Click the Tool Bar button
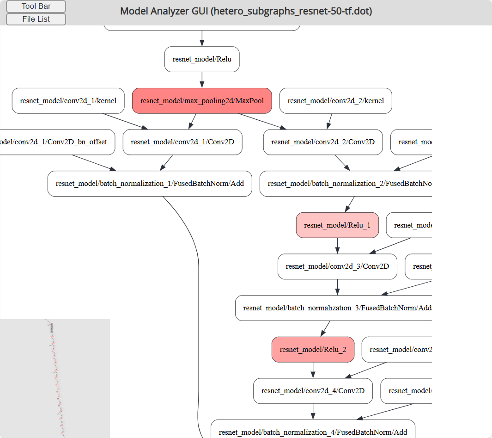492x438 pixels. coord(36,6)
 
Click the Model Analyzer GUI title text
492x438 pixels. coord(246,11)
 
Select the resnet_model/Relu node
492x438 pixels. coord(202,59)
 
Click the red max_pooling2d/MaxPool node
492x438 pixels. coord(202,100)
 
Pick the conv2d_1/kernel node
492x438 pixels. coord(68,100)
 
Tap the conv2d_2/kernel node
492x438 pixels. coord(335,100)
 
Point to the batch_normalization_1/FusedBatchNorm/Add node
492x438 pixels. coord(150,184)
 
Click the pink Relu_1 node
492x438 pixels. coord(337,225)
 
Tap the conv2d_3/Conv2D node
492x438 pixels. coord(337,266)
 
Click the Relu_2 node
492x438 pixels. coord(313,350)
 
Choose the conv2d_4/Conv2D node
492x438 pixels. coord(313,391)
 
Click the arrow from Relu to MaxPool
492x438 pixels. coord(202,80)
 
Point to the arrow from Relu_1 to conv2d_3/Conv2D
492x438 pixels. coord(337,246)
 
